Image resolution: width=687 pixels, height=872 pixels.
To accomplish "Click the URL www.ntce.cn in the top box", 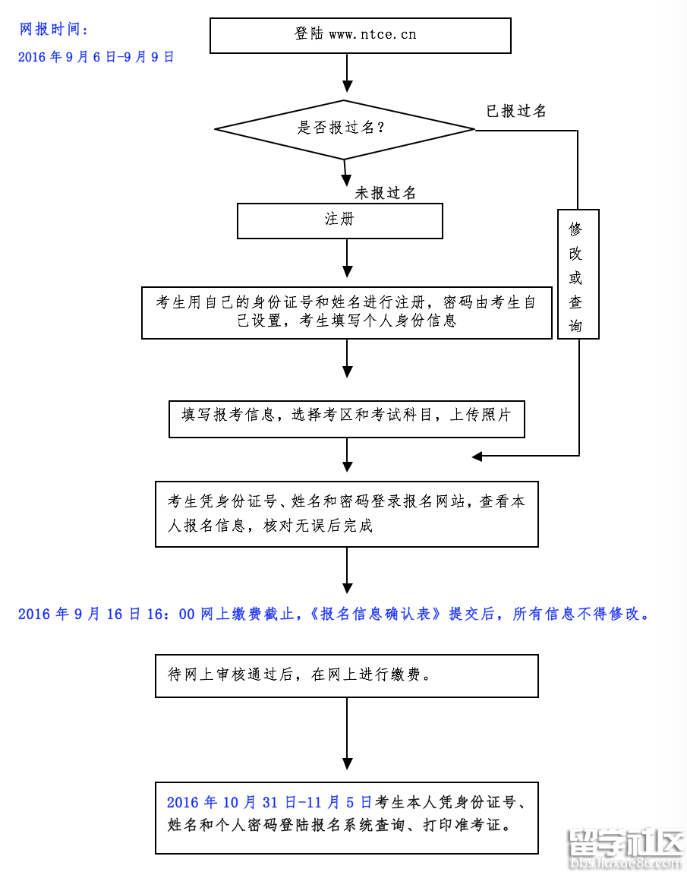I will (x=373, y=34).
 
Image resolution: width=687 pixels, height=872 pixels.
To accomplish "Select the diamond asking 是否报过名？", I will (x=345, y=129).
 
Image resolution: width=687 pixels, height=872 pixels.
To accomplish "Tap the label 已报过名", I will (x=516, y=111).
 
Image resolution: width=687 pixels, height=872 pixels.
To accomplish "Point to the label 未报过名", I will (x=386, y=193).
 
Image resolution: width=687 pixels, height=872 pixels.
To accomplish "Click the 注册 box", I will (x=340, y=220).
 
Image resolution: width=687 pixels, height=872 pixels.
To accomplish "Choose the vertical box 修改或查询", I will (x=578, y=274).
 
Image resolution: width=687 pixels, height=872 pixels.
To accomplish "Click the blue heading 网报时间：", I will (x=53, y=30).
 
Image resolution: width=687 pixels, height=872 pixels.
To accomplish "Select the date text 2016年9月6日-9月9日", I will (x=96, y=57).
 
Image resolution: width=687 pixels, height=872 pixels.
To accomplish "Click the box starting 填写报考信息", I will (x=346, y=416).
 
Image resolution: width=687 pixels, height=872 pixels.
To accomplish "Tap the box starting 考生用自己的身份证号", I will (x=346, y=312).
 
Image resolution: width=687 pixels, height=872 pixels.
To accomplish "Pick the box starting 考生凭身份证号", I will (x=346, y=513).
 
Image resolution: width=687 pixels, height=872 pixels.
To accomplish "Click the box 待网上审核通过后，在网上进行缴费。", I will (x=346, y=675).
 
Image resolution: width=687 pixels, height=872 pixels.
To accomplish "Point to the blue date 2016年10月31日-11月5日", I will (x=269, y=802).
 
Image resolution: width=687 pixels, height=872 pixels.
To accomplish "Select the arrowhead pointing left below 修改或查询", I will (x=477, y=456).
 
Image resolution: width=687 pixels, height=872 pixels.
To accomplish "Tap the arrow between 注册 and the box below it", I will (x=348, y=260).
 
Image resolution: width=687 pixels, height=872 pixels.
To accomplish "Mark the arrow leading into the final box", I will (x=348, y=741).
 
